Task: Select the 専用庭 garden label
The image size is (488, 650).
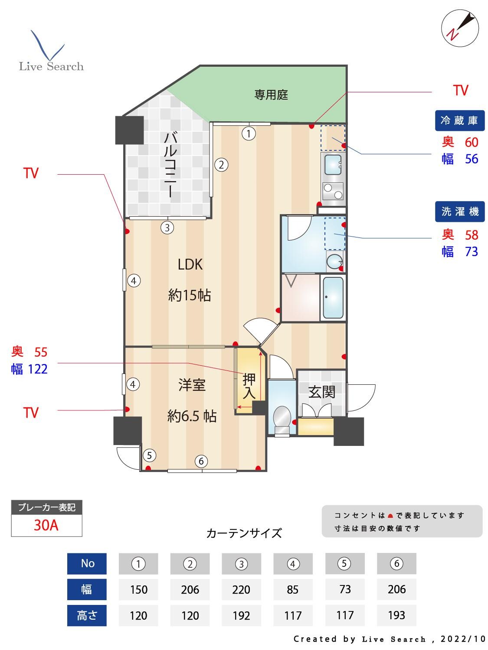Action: coord(271,95)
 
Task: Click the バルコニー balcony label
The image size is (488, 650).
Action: coord(170,165)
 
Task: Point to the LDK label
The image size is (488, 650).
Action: coord(190,264)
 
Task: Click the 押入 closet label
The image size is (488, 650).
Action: coord(249,386)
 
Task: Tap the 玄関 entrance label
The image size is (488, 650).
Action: coord(322,392)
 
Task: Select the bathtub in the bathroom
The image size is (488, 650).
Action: coord(333,297)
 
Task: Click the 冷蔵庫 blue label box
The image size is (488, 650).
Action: coord(459,120)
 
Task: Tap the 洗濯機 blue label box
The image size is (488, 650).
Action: coord(459,211)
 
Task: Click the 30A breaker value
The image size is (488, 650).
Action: coord(46,525)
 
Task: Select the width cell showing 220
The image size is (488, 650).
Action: coord(241,589)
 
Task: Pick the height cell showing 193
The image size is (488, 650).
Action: coord(396,615)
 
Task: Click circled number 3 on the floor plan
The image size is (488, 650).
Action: coord(167,227)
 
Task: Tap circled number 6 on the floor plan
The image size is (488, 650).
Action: coord(200,461)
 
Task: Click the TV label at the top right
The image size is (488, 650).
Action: coord(461,90)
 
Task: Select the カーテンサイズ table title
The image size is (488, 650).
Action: coord(244,533)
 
